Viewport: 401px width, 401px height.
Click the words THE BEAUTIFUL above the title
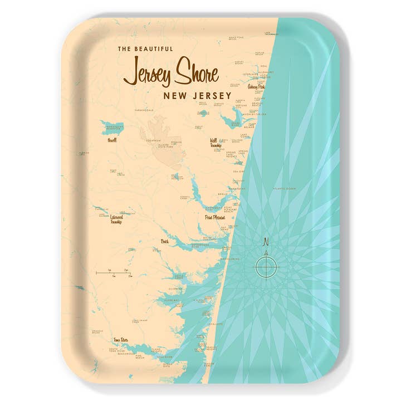(145, 49)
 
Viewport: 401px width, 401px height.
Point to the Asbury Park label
(256, 87)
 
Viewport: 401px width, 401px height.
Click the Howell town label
(113, 140)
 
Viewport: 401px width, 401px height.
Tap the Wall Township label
(216, 143)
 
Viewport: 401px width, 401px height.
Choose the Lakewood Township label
(116, 219)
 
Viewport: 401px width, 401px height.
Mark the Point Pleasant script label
(214, 218)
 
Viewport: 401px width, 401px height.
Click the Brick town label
(164, 242)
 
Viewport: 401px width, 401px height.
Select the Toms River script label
(120, 339)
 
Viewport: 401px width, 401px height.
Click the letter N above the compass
(266, 242)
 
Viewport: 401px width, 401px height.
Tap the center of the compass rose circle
(266, 266)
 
